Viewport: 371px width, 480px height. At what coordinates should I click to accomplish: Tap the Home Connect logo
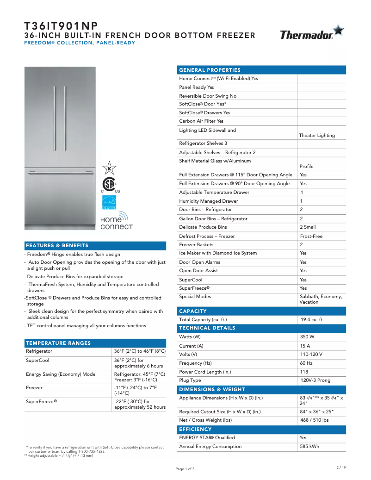(x=116, y=221)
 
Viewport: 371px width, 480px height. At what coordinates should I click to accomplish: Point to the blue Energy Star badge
(x=109, y=202)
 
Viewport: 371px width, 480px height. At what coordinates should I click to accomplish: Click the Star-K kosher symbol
(x=109, y=168)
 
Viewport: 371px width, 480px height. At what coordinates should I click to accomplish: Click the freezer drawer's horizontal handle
(x=60, y=174)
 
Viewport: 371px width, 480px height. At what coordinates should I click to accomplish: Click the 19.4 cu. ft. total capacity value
(x=311, y=320)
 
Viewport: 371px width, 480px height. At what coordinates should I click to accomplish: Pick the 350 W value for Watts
(x=307, y=337)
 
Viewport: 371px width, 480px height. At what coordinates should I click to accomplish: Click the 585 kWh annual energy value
(x=309, y=447)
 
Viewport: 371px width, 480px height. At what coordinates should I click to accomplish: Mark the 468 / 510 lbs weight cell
(x=314, y=420)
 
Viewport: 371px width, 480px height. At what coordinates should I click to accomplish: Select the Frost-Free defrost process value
(x=311, y=237)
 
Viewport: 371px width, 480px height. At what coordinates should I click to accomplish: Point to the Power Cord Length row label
(x=205, y=372)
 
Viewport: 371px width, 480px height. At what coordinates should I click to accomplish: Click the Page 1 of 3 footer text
(x=185, y=469)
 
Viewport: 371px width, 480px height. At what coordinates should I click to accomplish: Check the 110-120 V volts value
(x=311, y=355)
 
